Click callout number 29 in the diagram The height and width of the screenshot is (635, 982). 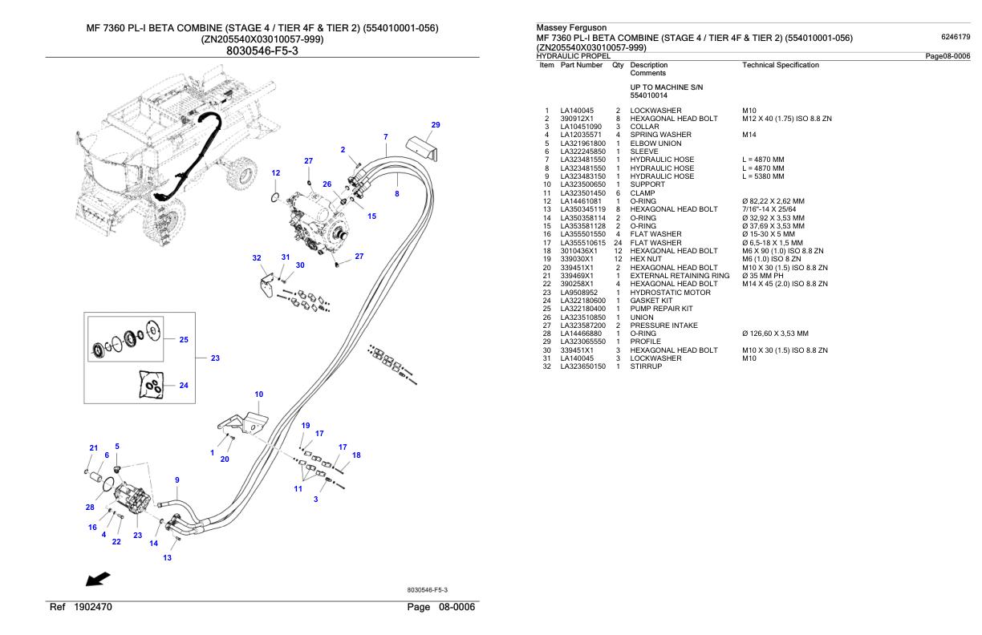[x=436, y=125]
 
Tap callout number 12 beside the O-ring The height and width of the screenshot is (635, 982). [x=276, y=173]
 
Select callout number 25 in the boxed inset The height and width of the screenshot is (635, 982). [x=184, y=340]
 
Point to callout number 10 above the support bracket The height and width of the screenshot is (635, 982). [x=259, y=394]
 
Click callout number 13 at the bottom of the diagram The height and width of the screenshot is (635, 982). [x=168, y=558]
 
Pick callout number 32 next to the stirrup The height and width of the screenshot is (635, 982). [x=257, y=258]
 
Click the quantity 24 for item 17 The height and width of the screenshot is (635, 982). [x=618, y=243]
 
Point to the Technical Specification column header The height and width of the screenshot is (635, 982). [x=781, y=65]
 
